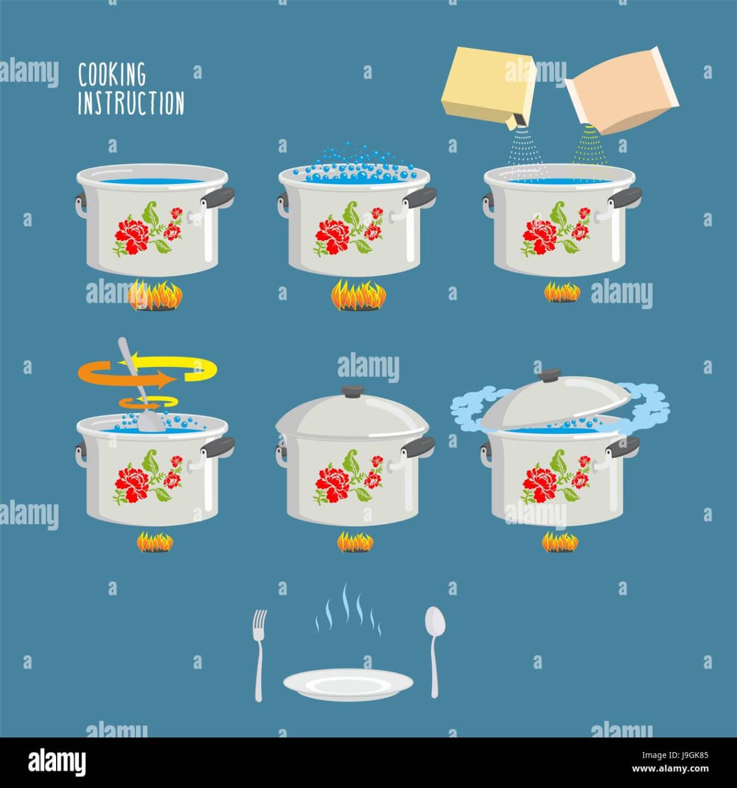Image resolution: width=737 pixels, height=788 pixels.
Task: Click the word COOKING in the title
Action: tap(112, 75)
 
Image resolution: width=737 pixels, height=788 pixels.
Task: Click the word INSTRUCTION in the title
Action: tap(131, 103)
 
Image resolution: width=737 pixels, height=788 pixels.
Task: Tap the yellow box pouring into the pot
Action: tap(489, 87)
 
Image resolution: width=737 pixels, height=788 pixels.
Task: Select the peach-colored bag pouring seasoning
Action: tap(622, 92)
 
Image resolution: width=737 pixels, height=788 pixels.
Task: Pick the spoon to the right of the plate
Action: tap(435, 652)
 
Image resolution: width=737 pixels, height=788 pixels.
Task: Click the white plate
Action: tap(349, 684)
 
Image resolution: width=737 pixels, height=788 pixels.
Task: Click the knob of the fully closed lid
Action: tap(353, 390)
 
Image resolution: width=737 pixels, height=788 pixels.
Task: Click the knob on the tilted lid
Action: tap(550, 375)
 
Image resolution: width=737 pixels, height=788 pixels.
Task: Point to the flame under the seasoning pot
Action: tap(562, 292)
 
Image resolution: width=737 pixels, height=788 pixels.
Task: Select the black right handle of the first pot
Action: tap(217, 196)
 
